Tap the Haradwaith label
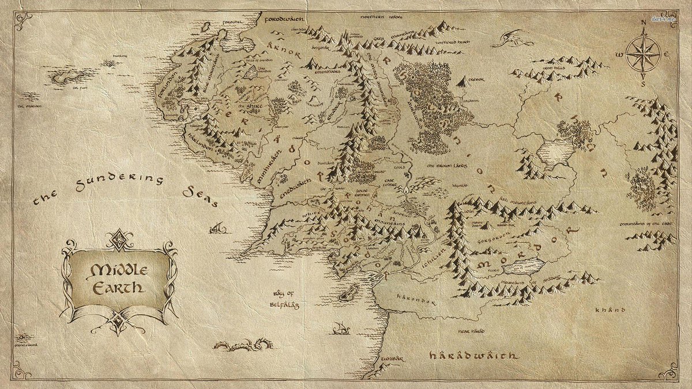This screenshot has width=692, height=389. coord(473,356)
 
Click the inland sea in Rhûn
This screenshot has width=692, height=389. coord(555,153)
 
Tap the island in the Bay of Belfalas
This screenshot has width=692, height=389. coord(346,295)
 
